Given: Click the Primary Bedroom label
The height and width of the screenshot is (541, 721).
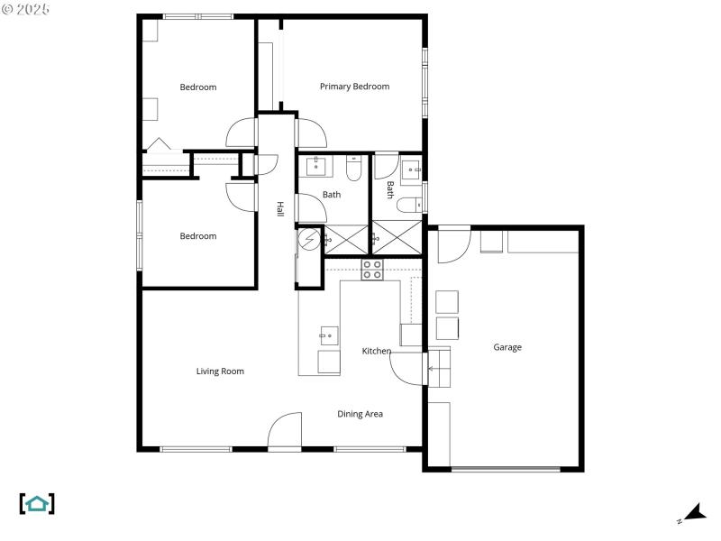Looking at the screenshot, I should tap(354, 87).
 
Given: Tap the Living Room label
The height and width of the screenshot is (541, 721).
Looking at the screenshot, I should tap(220, 371).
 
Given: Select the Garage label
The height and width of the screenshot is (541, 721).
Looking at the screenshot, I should tap(507, 347).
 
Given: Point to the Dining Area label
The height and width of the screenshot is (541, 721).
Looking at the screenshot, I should tap(360, 414).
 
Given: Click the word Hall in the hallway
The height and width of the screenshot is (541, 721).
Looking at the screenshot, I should tap(280, 209).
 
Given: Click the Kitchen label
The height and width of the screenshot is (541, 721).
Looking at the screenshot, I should tap(377, 351).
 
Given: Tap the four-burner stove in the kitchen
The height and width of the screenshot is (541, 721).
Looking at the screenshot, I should tap(372, 269).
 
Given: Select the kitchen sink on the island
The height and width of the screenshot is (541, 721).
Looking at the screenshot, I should tap(326, 335).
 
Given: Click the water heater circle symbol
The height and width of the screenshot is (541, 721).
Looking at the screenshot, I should tap(309, 239).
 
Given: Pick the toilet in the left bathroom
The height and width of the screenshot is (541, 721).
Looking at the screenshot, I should tap(353, 168).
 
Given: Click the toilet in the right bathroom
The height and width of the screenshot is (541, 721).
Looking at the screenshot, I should tap(408, 204).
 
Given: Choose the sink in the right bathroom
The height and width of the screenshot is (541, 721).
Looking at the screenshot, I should tap(412, 169).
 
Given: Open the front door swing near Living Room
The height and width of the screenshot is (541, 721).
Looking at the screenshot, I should tap(285, 431).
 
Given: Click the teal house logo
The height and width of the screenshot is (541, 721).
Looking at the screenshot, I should tap(37, 503).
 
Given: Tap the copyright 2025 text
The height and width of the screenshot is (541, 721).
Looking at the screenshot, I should tap(26, 8).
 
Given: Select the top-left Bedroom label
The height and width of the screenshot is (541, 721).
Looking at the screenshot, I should tap(198, 87).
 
